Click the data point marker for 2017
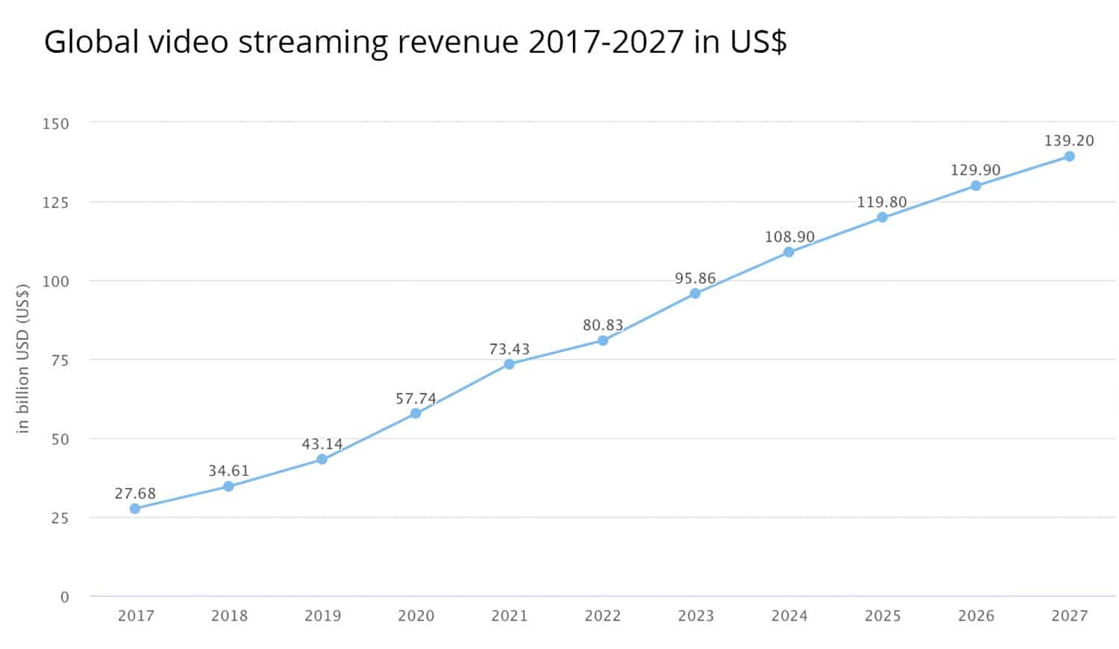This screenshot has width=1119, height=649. (135, 509)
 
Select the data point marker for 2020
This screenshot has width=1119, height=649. (416, 413)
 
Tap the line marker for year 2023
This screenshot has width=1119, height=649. (695, 294)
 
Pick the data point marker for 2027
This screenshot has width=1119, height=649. (1069, 157)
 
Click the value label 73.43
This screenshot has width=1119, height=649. (510, 349)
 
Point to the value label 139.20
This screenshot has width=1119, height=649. (1069, 140)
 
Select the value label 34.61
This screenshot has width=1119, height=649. (228, 471)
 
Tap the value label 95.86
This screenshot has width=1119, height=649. (695, 278)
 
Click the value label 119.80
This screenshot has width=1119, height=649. (882, 202)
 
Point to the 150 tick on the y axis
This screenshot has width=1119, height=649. (56, 124)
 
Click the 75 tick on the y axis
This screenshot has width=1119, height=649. (60, 360)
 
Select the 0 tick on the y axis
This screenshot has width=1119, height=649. (64, 597)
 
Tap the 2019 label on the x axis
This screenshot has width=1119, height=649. (322, 616)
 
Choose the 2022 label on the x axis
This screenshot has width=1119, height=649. (603, 616)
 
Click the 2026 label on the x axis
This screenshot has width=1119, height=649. (976, 616)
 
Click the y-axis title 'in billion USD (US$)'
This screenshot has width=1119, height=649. (23, 358)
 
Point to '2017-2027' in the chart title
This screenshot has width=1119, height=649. (606, 43)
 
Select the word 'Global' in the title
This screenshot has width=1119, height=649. (92, 43)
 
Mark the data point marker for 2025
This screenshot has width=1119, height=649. (882, 218)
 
